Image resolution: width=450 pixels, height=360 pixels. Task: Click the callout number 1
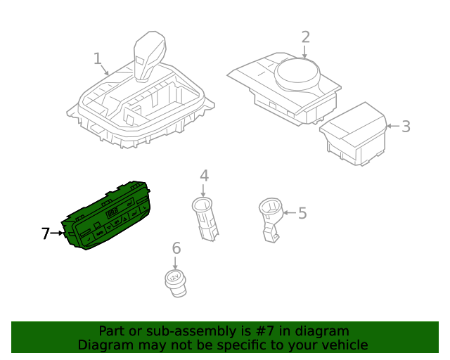pyautogui.click(x=98, y=58)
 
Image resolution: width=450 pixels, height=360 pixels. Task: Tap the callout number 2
pyautogui.click(x=306, y=37)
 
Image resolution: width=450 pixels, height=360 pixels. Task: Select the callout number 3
pyautogui.click(x=406, y=127)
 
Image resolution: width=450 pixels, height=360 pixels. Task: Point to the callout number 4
pyautogui.click(x=204, y=175)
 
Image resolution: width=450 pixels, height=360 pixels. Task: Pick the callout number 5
pyautogui.click(x=302, y=213)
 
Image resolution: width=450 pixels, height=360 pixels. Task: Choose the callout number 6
pyautogui.click(x=176, y=248)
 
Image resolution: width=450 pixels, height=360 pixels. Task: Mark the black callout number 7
pyautogui.click(x=45, y=233)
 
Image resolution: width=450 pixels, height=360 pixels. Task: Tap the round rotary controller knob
pyautogui.click(x=297, y=74)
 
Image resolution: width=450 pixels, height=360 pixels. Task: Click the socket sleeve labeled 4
pyautogui.click(x=205, y=219)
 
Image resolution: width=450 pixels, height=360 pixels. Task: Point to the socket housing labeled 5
pyautogui.click(x=270, y=219)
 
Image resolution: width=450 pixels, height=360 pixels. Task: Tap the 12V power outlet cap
pyautogui.click(x=176, y=283)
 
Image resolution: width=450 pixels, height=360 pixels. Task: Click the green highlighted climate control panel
pyautogui.click(x=105, y=215)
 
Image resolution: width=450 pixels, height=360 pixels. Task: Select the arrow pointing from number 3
pyautogui.click(x=394, y=126)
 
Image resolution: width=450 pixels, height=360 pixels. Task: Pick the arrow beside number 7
pyautogui.click(x=57, y=233)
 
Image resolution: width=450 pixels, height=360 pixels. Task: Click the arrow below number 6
pyautogui.click(x=175, y=263)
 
